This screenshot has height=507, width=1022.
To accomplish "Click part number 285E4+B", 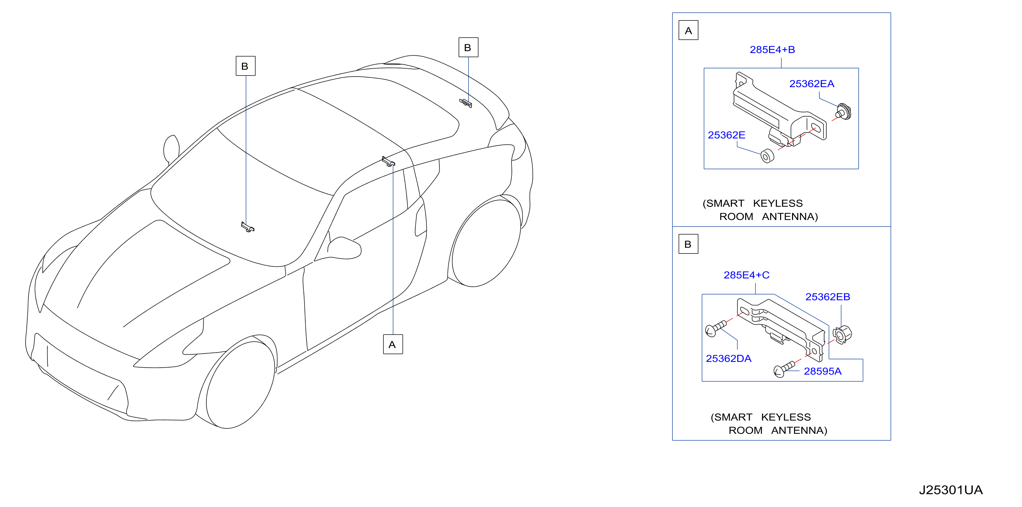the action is point(772,50).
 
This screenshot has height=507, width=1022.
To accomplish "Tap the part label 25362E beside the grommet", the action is point(726,135).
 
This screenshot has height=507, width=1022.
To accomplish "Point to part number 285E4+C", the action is point(746,275).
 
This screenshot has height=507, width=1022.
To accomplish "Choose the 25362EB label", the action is point(828,297).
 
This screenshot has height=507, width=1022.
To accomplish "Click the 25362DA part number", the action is point(728,359).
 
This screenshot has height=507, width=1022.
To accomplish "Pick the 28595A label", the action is point(822,371).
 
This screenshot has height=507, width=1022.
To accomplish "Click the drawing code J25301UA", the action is point(951,490).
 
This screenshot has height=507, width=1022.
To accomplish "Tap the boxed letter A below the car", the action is point(393,344).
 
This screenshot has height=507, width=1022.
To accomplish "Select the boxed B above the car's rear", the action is point(468,47).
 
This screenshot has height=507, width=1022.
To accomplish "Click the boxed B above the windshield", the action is point(245,66).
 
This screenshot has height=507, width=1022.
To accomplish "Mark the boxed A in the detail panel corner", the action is point(689,30).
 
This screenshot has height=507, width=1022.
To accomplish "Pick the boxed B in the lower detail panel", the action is point(689,244).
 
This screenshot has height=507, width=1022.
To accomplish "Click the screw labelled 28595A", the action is point(784,369).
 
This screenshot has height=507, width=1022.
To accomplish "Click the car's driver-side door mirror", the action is point(344,248).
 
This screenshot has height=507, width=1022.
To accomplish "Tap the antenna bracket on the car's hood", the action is point(248,227).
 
